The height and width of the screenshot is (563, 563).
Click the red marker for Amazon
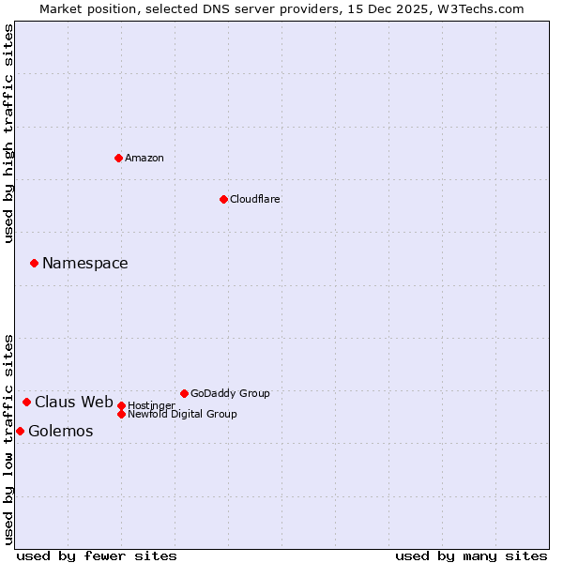[118, 158]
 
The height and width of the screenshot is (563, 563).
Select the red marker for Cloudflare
[223, 199]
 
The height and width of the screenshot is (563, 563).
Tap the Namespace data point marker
[34, 263]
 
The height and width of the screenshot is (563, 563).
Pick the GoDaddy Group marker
[184, 393]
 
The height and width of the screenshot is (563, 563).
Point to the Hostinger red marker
[121, 405]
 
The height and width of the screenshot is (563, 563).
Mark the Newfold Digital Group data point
[121, 414]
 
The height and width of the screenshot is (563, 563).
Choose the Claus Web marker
[26, 402]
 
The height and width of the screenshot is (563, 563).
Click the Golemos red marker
[20, 431]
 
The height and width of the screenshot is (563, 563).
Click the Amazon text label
[145, 158]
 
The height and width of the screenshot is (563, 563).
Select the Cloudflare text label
[255, 199]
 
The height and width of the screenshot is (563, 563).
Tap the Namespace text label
[85, 263]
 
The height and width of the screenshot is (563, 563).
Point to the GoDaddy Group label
[230, 393]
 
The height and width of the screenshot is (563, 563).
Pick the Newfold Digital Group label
[182, 414]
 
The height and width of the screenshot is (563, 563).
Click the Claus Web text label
[74, 402]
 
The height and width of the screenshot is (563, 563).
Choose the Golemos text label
[61, 431]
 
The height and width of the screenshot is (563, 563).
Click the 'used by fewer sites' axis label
[97, 555]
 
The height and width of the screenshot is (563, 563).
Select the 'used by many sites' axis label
[471, 555]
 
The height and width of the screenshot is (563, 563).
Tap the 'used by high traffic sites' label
[9, 133]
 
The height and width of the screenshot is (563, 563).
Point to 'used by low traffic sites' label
[9, 438]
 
